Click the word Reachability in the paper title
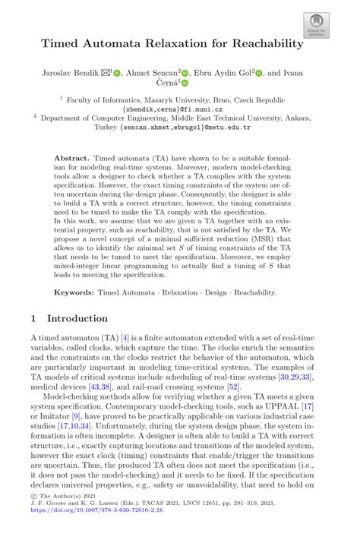pos(263,43)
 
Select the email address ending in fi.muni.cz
pos(179,109)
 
